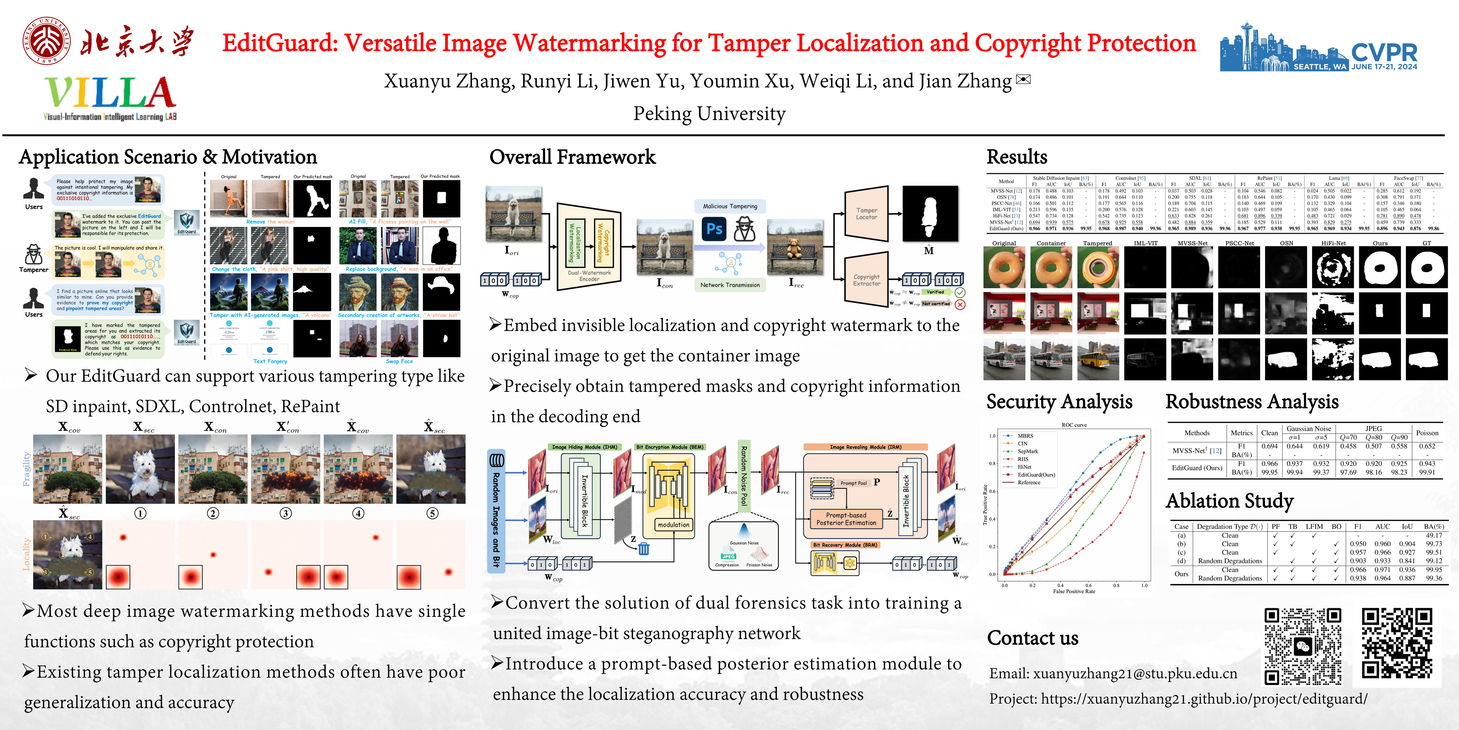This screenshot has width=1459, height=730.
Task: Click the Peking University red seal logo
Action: tap(48, 41)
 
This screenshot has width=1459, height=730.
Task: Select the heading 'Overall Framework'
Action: tap(572, 157)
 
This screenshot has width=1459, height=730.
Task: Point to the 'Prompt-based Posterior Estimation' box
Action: tap(846, 519)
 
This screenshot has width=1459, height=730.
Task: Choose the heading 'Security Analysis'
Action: tap(1059, 402)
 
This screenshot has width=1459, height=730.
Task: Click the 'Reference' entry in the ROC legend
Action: tap(1028, 482)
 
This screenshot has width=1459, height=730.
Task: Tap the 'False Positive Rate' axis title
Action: tap(1074, 591)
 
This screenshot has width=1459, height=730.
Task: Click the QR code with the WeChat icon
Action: tap(1303, 646)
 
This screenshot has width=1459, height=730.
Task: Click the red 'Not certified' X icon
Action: tap(960, 304)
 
